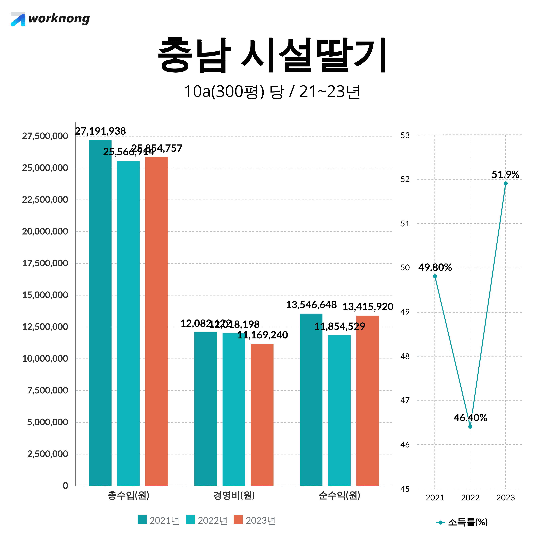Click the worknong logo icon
click(18, 19)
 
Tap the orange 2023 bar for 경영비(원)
click(262, 415)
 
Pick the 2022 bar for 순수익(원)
click(339, 410)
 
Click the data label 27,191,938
click(100, 131)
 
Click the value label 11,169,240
click(262, 335)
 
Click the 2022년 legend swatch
click(190, 520)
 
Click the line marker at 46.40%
click(470, 427)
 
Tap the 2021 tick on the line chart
click(435, 498)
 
